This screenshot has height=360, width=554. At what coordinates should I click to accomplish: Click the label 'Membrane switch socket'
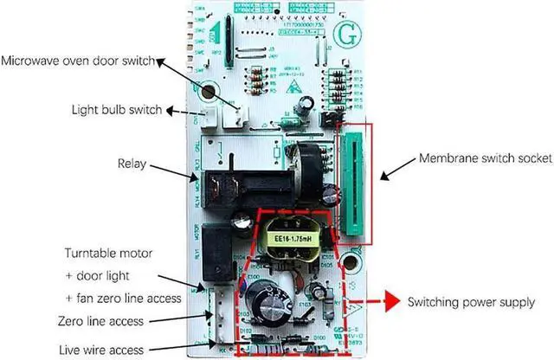[x=477, y=160]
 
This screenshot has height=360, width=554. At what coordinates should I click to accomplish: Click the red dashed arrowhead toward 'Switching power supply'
[x=374, y=302]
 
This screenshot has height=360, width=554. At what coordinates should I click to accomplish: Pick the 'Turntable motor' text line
[x=110, y=253]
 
